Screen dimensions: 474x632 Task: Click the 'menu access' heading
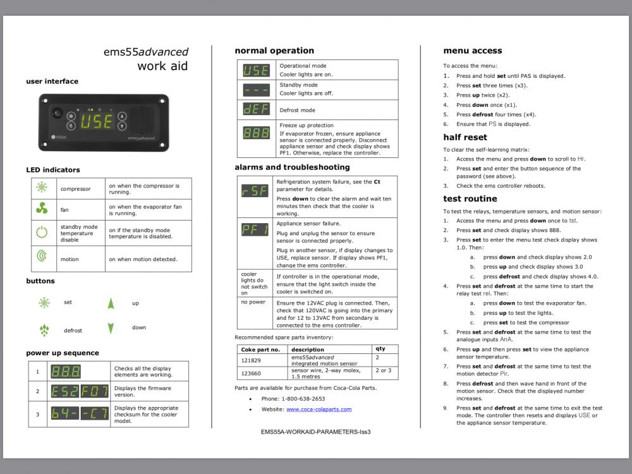[472, 51]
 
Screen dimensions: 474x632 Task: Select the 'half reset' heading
[465, 137]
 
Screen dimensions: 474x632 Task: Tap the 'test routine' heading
[470, 199]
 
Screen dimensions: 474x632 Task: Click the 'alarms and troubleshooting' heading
[292, 167]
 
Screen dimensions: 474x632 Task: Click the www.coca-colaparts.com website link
[319, 410]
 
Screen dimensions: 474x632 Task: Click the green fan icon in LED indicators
[42, 209]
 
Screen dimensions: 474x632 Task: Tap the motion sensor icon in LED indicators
[42, 257]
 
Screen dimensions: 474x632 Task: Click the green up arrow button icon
[111, 303]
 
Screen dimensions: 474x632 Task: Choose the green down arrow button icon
[111, 328]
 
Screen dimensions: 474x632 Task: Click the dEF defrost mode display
[256, 109]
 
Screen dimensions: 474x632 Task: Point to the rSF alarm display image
[255, 190]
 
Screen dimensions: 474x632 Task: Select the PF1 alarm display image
[255, 229]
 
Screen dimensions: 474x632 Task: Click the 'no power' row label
[253, 302]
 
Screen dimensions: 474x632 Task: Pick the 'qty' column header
[380, 349]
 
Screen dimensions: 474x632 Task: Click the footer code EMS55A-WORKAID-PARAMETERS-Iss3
[315, 432]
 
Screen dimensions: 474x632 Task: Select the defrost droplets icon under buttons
[44, 330]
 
